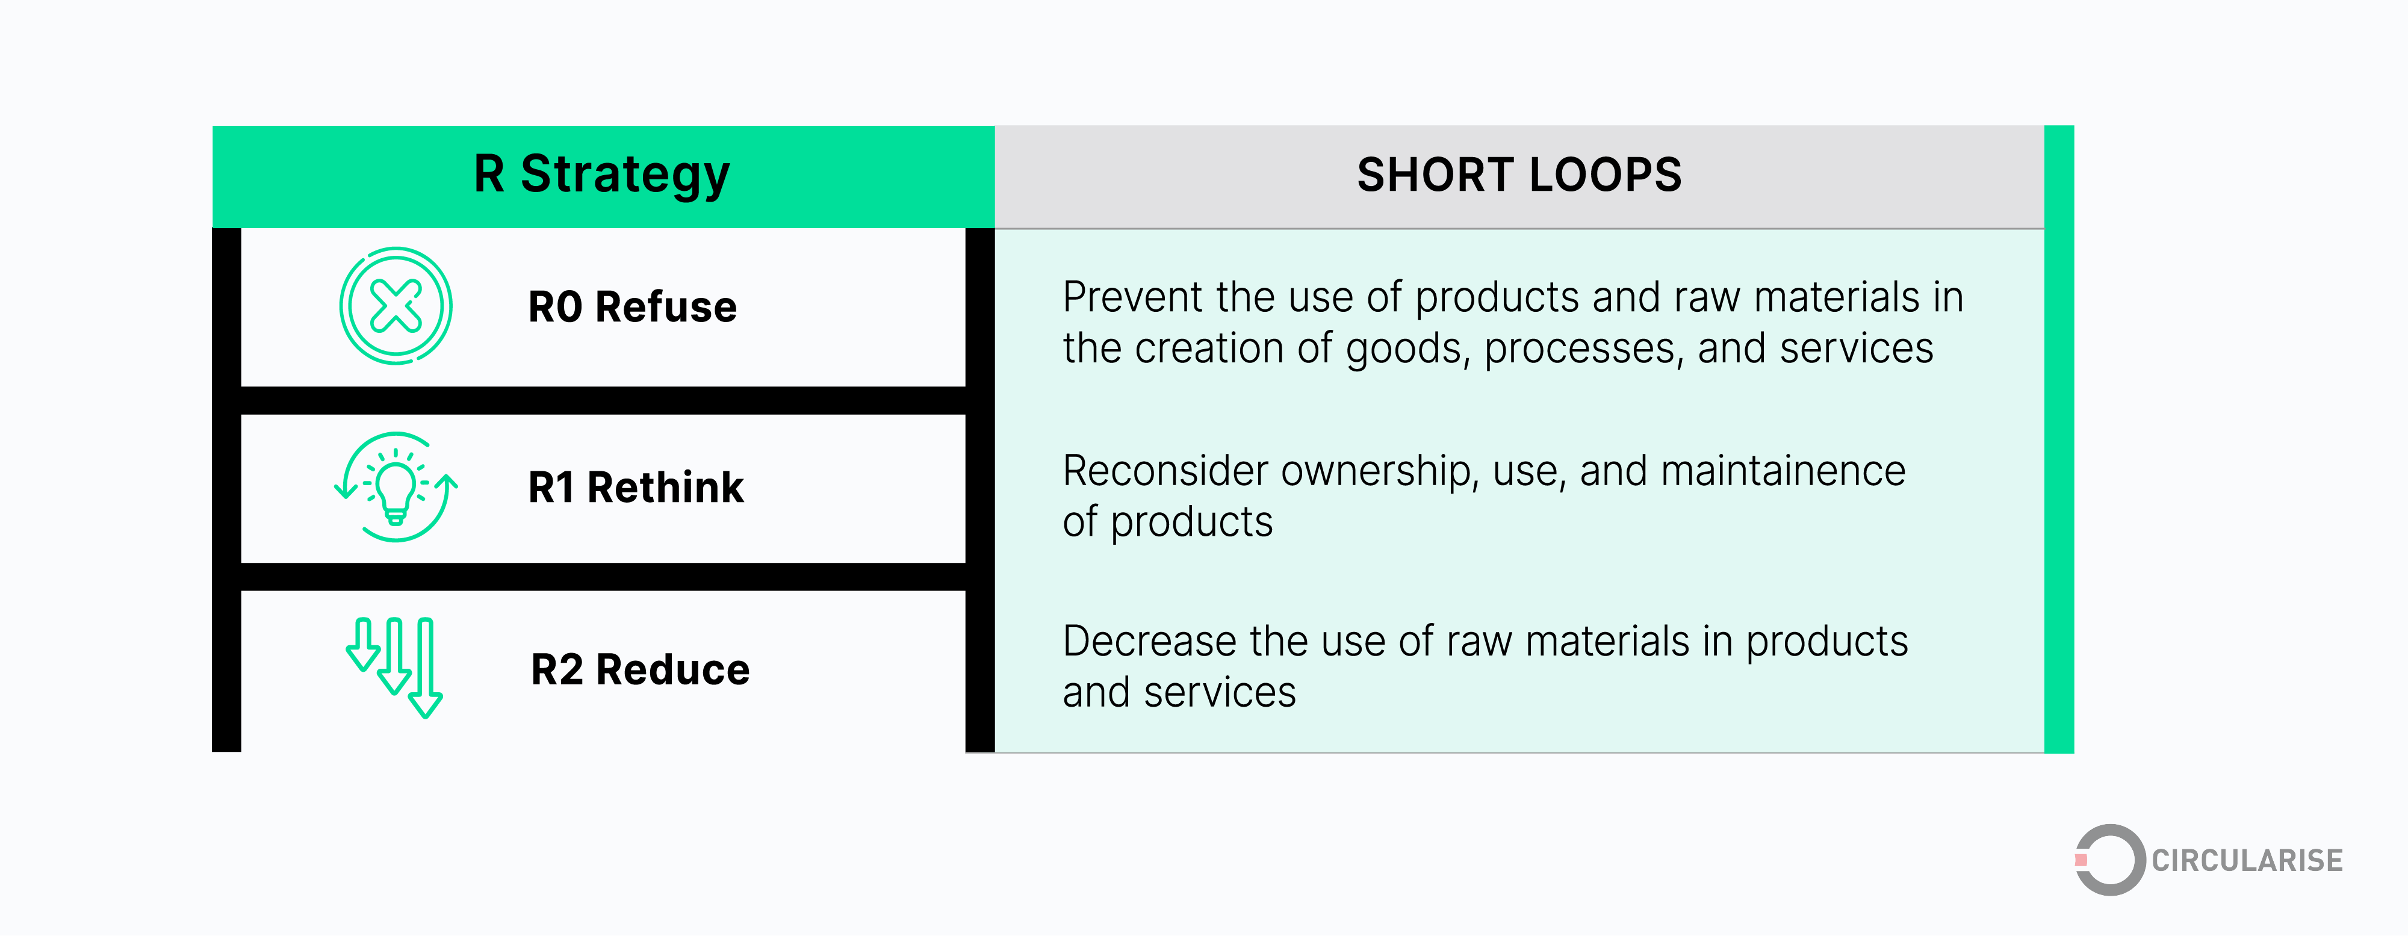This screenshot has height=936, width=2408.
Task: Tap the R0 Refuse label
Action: point(632,307)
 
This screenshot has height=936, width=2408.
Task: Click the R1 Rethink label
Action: point(636,487)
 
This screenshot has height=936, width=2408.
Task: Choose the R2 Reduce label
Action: point(641,669)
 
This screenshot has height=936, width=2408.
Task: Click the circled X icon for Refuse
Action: point(396,306)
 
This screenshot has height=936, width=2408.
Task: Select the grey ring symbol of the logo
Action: point(2111,860)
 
